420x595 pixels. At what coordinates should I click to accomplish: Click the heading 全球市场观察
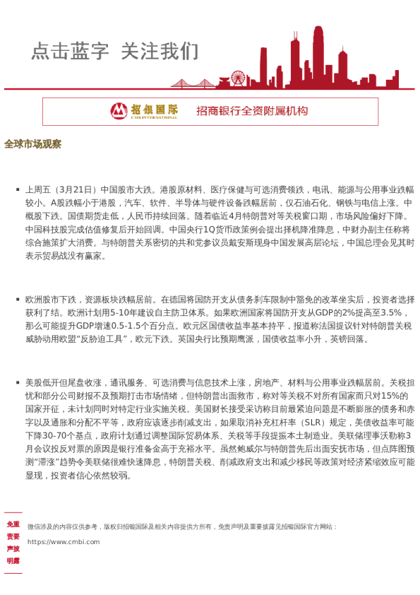pos(32,144)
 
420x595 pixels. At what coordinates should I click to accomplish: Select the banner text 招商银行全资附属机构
pos(252,111)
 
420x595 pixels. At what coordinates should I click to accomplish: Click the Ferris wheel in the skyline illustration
pos(238,77)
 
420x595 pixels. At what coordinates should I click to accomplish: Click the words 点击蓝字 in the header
pos(70,52)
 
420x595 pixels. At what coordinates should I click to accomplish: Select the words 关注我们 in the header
pos(160,52)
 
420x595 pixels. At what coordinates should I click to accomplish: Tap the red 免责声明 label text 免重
pos(13,524)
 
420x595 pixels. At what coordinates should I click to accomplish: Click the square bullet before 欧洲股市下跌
pos(18,300)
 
